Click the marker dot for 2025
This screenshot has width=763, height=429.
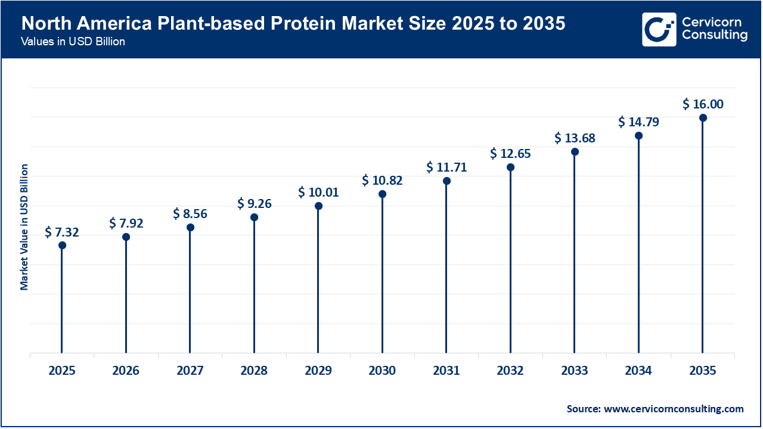coord(62,245)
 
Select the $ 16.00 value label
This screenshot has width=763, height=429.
coord(703,104)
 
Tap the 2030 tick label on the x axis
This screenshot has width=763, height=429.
coord(382,371)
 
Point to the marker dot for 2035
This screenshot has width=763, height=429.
coord(703,118)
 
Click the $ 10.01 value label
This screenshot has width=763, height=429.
coord(318,192)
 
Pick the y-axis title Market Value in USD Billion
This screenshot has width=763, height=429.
coord(24,227)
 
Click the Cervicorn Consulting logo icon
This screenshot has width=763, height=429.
coord(659,29)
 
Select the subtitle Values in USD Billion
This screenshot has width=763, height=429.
coord(72,42)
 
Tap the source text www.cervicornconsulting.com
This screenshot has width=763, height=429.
coord(674,409)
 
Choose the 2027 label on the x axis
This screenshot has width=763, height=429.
coord(190,371)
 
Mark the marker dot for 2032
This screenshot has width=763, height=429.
coord(510,167)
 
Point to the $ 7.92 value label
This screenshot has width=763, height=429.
coord(126,223)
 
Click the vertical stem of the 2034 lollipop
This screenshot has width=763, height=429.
coord(638,250)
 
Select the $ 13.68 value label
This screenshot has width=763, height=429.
coord(575,138)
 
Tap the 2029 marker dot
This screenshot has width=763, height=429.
coord(318,206)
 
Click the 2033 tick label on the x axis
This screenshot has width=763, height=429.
coord(575,371)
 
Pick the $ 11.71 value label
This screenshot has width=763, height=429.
coord(446,167)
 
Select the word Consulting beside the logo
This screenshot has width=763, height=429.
coord(714,35)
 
